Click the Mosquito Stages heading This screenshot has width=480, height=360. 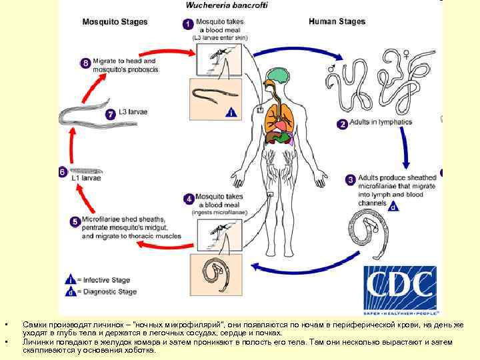point(115,21)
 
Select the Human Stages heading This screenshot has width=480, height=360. point(337,21)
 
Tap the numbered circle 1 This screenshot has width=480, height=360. point(189,24)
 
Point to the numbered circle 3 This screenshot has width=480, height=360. point(350,179)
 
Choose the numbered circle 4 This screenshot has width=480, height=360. point(189,199)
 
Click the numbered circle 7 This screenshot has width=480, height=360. point(111,114)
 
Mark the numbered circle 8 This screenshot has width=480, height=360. point(85,63)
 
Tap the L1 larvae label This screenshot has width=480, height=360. point(85,179)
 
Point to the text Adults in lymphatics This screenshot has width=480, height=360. point(385,123)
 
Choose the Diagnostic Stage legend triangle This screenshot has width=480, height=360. point(69,291)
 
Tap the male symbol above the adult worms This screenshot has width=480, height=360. point(331,68)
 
